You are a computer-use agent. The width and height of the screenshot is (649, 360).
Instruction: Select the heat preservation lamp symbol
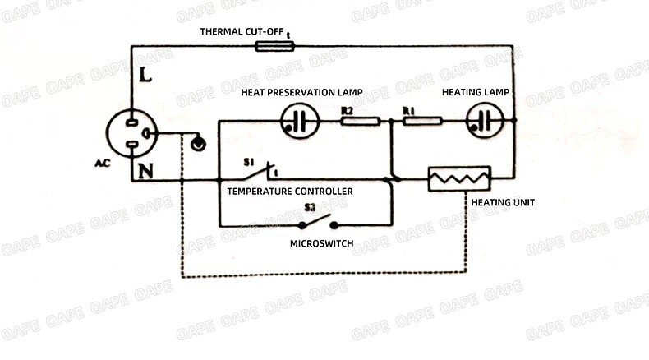299,121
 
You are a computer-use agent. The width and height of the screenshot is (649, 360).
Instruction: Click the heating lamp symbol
485,121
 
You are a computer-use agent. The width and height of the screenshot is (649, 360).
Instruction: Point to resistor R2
360,121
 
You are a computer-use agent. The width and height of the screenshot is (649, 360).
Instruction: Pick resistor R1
422,121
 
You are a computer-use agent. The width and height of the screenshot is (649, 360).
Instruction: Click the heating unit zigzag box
459,178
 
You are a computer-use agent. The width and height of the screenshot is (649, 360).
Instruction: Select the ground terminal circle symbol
197,145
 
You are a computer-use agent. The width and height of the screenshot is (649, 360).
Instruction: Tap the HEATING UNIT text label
503,201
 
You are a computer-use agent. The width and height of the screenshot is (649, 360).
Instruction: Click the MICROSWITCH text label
321,243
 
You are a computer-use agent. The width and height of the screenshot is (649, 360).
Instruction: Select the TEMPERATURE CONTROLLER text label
290,191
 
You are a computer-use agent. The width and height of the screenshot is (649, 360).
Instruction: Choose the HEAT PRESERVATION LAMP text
301,92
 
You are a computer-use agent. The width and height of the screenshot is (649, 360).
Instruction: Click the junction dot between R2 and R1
391,122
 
